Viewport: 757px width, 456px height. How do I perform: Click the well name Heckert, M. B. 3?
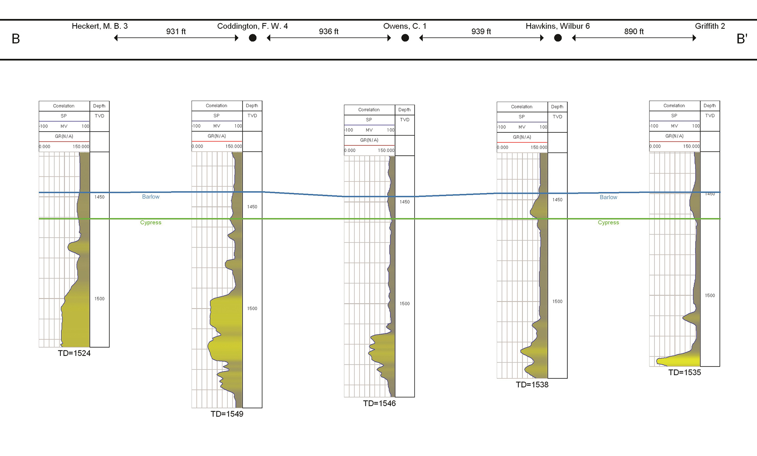(99, 26)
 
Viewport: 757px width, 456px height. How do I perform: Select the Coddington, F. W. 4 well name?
(252, 26)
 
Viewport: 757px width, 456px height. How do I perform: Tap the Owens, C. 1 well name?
(405, 26)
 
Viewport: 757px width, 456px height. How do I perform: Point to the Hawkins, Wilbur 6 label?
(557, 26)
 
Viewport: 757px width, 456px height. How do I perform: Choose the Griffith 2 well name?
(710, 26)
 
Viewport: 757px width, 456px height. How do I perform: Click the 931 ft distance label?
(176, 32)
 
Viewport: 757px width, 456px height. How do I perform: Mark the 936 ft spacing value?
(328, 32)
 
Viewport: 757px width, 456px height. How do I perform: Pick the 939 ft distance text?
(481, 32)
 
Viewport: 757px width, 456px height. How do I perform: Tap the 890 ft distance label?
(634, 32)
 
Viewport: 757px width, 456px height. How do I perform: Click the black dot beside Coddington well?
(253, 38)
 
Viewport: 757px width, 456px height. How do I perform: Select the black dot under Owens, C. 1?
(405, 38)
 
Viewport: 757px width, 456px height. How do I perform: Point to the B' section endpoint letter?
(742, 39)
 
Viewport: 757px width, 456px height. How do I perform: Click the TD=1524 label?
(74, 353)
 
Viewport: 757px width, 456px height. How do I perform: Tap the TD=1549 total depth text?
(227, 414)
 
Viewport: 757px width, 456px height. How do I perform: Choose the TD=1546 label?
(379, 403)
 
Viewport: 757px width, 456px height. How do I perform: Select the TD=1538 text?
(532, 385)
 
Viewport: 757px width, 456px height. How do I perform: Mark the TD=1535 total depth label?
(684, 372)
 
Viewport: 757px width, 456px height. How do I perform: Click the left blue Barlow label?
(151, 197)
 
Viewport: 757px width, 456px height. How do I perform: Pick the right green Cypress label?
(608, 223)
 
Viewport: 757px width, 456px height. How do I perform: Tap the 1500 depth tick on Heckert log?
(99, 299)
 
